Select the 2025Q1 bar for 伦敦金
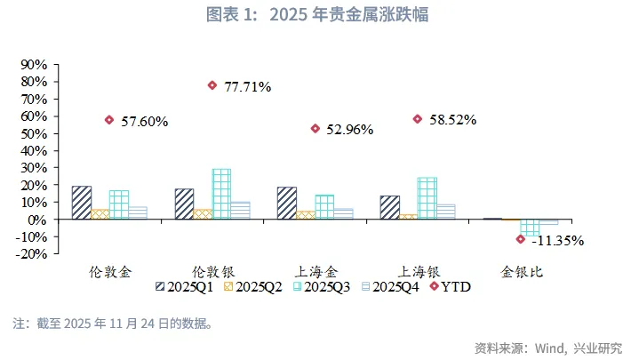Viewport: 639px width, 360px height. tap(81, 203)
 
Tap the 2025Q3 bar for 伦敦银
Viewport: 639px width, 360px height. tap(221, 194)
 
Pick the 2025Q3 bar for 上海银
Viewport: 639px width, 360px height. tap(427, 198)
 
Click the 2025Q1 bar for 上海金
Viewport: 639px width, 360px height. tap(286, 203)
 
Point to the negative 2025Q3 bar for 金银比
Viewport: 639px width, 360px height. tap(530, 227)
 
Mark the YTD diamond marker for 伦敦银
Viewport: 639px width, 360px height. tap(212, 85)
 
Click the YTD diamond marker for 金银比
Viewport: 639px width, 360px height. tap(521, 239)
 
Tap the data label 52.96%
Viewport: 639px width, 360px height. tap(348, 130)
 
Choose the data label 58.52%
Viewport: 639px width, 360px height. tap(451, 119)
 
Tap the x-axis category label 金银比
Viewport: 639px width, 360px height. tap(519, 270)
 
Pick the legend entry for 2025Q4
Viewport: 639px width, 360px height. tap(389, 286)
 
